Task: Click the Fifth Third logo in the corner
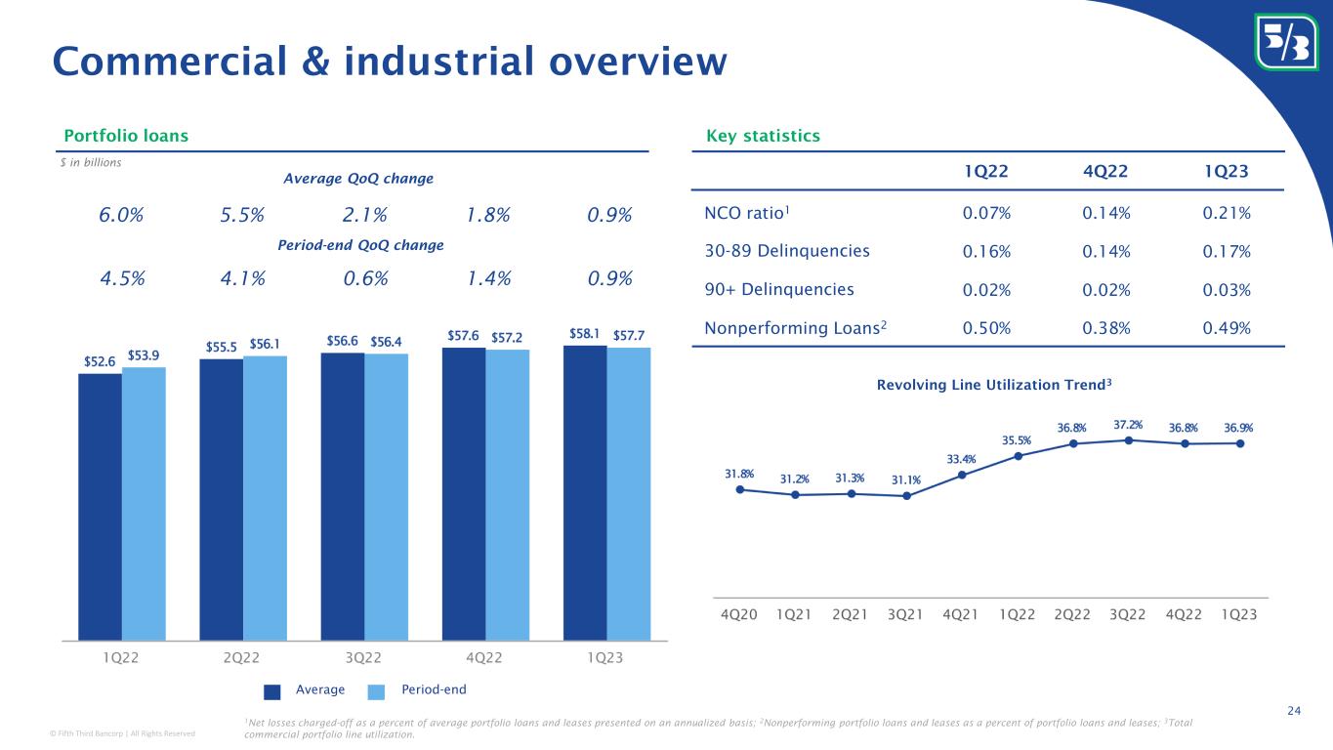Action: coord(1284,40)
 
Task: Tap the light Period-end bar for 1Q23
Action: coord(628,493)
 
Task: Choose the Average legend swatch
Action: coord(272,690)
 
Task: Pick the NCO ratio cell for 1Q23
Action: coord(1228,213)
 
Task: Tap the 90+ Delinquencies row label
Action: coord(778,289)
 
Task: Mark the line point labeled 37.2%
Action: coord(1129,440)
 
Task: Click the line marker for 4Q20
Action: coord(740,489)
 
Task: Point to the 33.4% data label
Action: coord(962,459)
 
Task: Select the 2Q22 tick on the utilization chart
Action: coord(1073,614)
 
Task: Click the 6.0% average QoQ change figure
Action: coord(123,215)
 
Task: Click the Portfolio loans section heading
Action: coord(126,136)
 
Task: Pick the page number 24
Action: coord(1294,710)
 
